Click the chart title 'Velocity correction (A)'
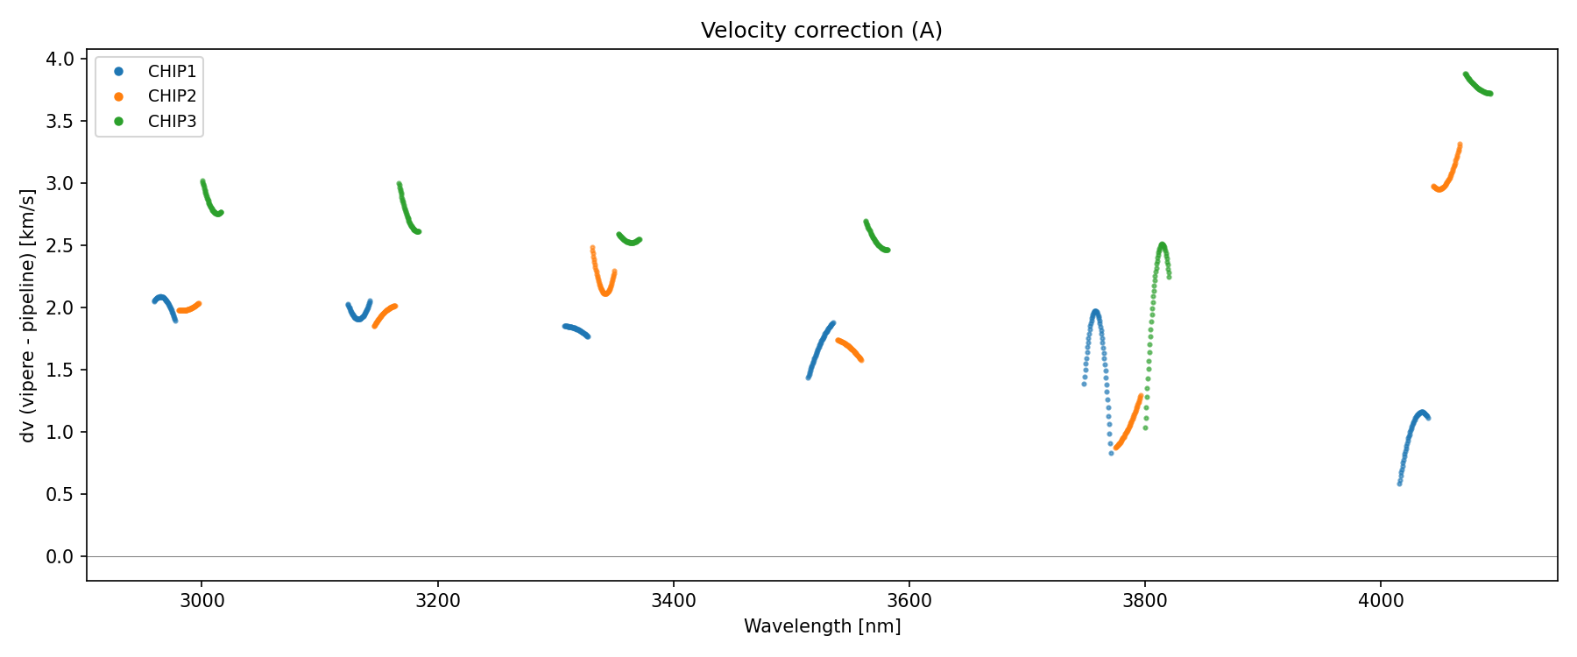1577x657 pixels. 821,31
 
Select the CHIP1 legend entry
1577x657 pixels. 172,72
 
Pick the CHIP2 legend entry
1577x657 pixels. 172,96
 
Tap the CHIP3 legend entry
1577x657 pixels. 172,122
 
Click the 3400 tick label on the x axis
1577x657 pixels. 674,601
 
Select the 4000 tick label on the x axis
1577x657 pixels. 1381,601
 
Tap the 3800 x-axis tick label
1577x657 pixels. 1145,601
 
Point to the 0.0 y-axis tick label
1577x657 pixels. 60,557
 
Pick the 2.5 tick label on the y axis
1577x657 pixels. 60,246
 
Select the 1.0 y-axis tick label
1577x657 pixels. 60,433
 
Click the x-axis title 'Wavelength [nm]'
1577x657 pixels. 822,626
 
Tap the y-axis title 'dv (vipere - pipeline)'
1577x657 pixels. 28,315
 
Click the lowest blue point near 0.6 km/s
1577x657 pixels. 1399,483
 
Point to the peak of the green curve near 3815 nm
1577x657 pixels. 1162,245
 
